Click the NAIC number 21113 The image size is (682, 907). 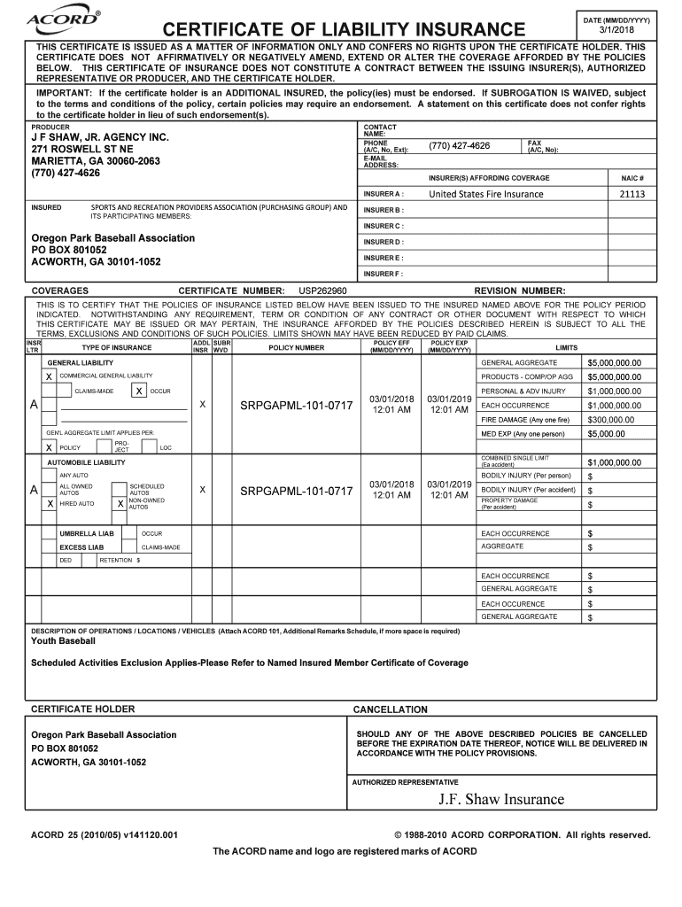[632, 194]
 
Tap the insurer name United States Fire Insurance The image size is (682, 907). [486, 194]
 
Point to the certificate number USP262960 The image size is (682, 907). [322, 291]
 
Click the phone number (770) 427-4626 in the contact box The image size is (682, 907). [459, 146]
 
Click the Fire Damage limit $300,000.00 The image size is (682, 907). [610, 419]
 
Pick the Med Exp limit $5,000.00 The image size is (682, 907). [607, 433]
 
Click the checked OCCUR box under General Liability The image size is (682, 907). [139, 391]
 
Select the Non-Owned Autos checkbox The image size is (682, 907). [119, 503]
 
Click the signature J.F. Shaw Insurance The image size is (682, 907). [500, 799]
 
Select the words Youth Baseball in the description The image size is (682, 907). [63, 640]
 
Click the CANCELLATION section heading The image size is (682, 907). [390, 709]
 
